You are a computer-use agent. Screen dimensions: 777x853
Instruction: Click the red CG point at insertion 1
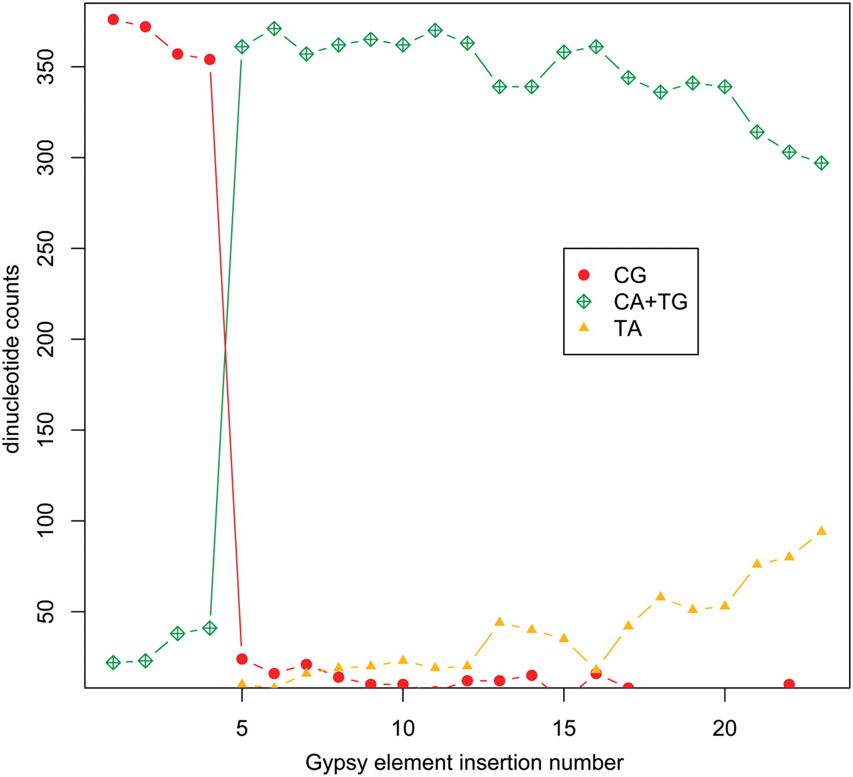113,19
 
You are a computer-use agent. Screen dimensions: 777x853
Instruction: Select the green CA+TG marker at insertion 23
822,163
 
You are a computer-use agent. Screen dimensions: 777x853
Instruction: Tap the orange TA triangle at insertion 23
822,531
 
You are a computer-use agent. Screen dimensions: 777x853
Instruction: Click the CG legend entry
630,275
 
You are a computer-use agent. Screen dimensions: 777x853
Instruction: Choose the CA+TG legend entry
650,302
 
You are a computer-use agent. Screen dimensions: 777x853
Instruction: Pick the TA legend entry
627,329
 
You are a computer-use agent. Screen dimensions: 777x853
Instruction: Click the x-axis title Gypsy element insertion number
464,762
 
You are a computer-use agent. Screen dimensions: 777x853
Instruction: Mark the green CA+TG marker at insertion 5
242,47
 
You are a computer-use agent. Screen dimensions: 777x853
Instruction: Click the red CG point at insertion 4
210,59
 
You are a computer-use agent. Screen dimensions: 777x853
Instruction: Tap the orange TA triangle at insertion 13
499,622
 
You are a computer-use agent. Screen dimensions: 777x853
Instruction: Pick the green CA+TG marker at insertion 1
113,662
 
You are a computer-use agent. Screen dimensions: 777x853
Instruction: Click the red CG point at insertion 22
789,684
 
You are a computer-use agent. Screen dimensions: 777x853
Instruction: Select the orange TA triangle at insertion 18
660,596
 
